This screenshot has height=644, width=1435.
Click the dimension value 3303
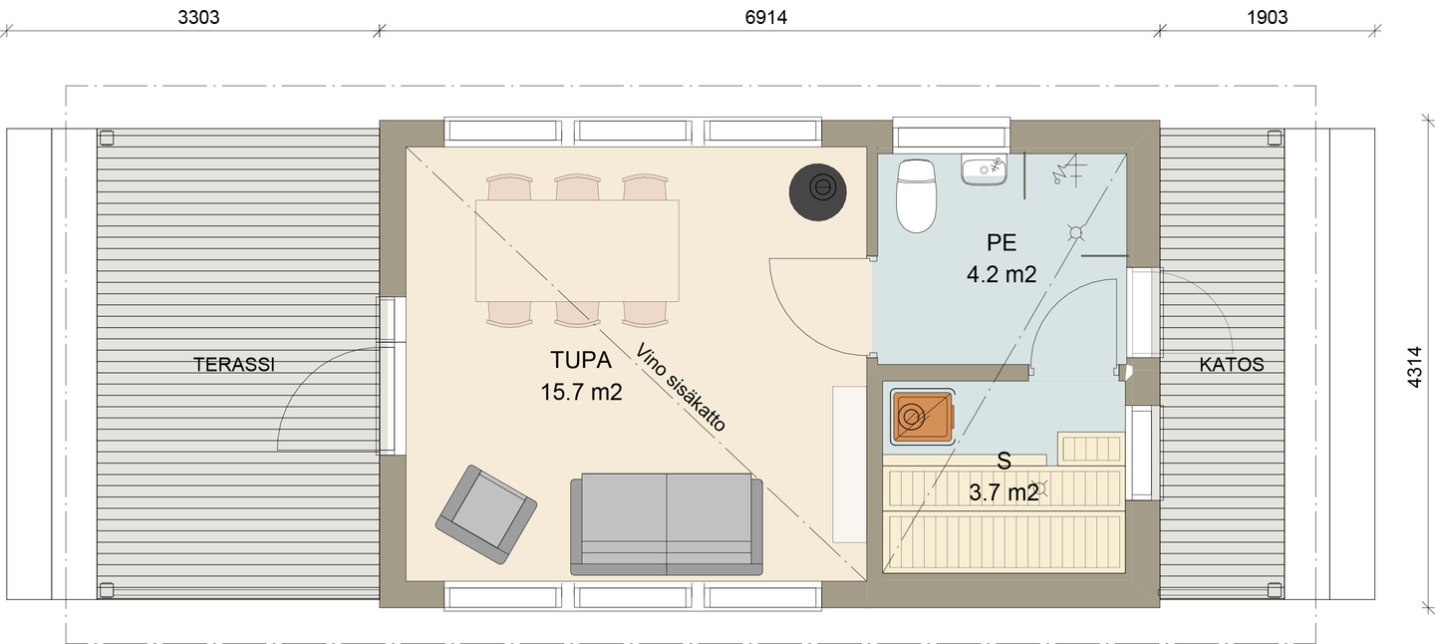(198, 17)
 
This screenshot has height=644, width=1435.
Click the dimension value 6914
(765, 17)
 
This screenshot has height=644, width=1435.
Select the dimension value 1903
(1268, 17)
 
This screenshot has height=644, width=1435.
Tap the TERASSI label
(234, 365)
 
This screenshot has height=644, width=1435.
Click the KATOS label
(1232, 365)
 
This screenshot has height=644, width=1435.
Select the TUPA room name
(581, 360)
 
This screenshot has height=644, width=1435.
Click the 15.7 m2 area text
(581, 392)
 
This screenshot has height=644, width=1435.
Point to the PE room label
(1002, 243)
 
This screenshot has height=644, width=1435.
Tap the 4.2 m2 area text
(1002, 274)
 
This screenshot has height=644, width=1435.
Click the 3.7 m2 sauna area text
(1004, 492)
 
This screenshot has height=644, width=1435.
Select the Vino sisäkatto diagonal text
(681, 387)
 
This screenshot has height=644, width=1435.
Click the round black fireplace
(817, 192)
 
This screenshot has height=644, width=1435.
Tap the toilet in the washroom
(916, 195)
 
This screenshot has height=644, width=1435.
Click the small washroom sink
(984, 169)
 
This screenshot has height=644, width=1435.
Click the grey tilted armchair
(485, 514)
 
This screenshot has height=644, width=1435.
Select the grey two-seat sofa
(667, 524)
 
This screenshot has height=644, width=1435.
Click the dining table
(577, 250)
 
